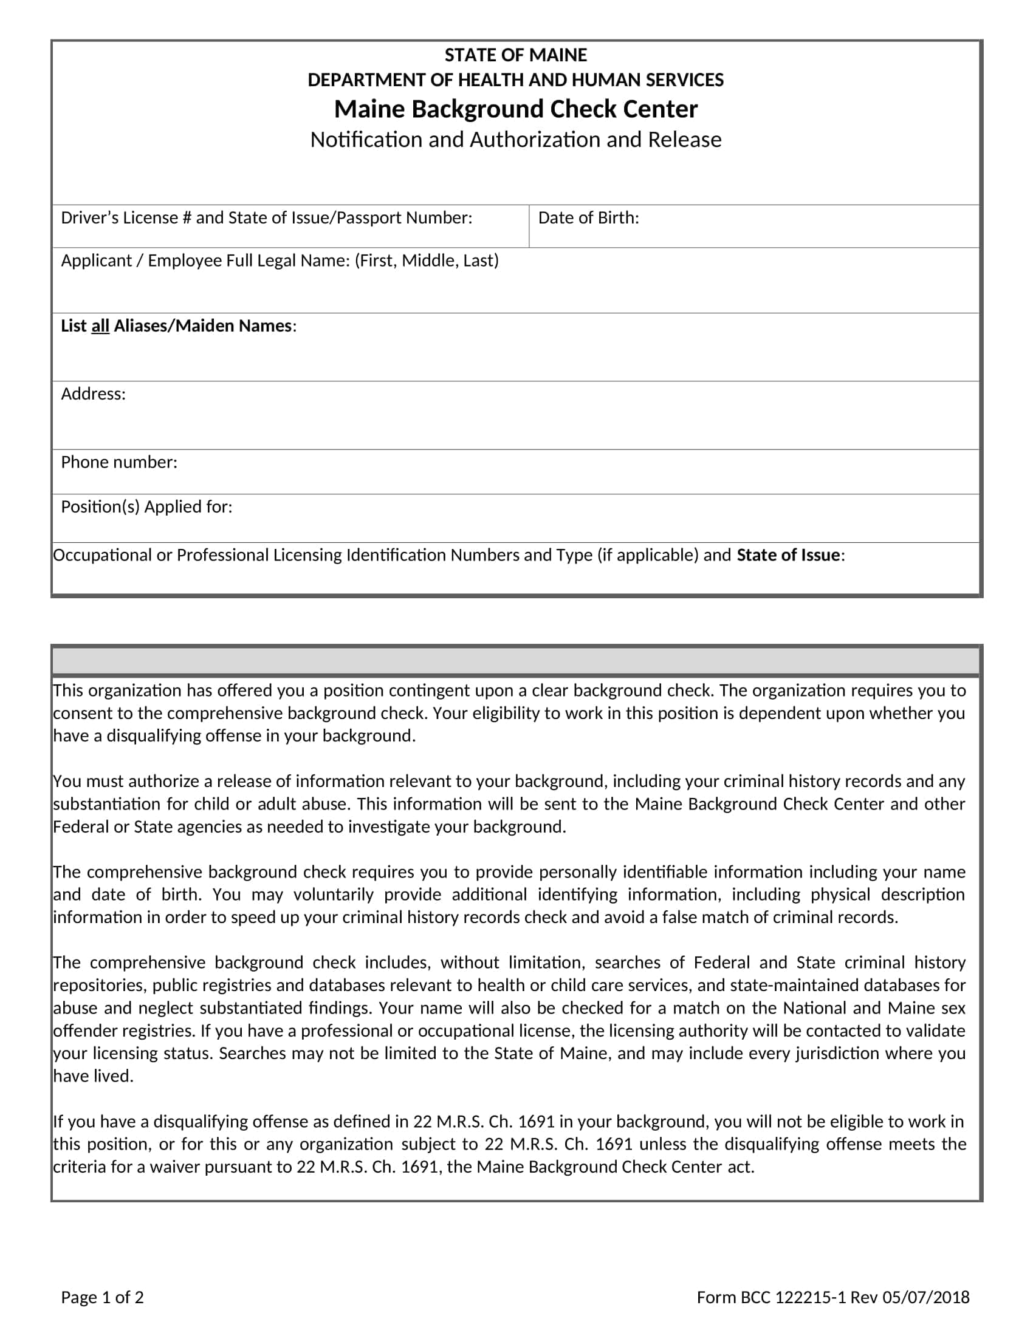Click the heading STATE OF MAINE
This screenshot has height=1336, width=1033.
click(515, 55)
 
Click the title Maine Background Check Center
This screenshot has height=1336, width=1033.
click(515, 109)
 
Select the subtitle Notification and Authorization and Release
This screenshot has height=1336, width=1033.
click(515, 140)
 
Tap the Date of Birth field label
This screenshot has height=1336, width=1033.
click(588, 218)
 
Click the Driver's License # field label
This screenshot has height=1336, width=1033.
click(266, 218)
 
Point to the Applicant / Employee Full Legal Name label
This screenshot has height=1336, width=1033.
click(206, 261)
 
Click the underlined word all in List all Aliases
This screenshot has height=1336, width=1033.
click(100, 326)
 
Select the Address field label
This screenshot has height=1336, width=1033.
click(93, 394)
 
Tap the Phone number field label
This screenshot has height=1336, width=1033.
click(118, 462)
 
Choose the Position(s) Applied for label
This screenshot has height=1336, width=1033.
click(146, 506)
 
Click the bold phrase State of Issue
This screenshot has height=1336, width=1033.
click(788, 555)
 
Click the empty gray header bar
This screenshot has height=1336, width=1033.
click(515, 661)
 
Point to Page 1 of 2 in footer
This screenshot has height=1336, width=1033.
click(102, 1297)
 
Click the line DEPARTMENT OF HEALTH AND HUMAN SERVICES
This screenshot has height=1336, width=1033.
click(515, 80)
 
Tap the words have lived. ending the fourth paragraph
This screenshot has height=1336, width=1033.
click(93, 1076)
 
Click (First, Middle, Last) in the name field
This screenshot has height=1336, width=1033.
click(427, 261)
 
